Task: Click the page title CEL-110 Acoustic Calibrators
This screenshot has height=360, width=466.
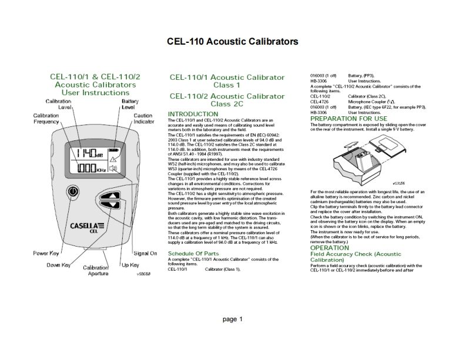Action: click(x=233, y=42)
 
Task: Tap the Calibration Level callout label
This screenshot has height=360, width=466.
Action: click(x=58, y=105)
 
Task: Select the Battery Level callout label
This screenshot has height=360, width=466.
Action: click(x=129, y=105)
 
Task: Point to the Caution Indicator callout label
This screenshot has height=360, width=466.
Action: click(x=143, y=119)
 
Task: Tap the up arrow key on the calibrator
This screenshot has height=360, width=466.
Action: click(x=109, y=197)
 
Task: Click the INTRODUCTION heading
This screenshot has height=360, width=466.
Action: click(x=193, y=114)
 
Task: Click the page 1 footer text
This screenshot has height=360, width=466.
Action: click(x=232, y=319)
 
